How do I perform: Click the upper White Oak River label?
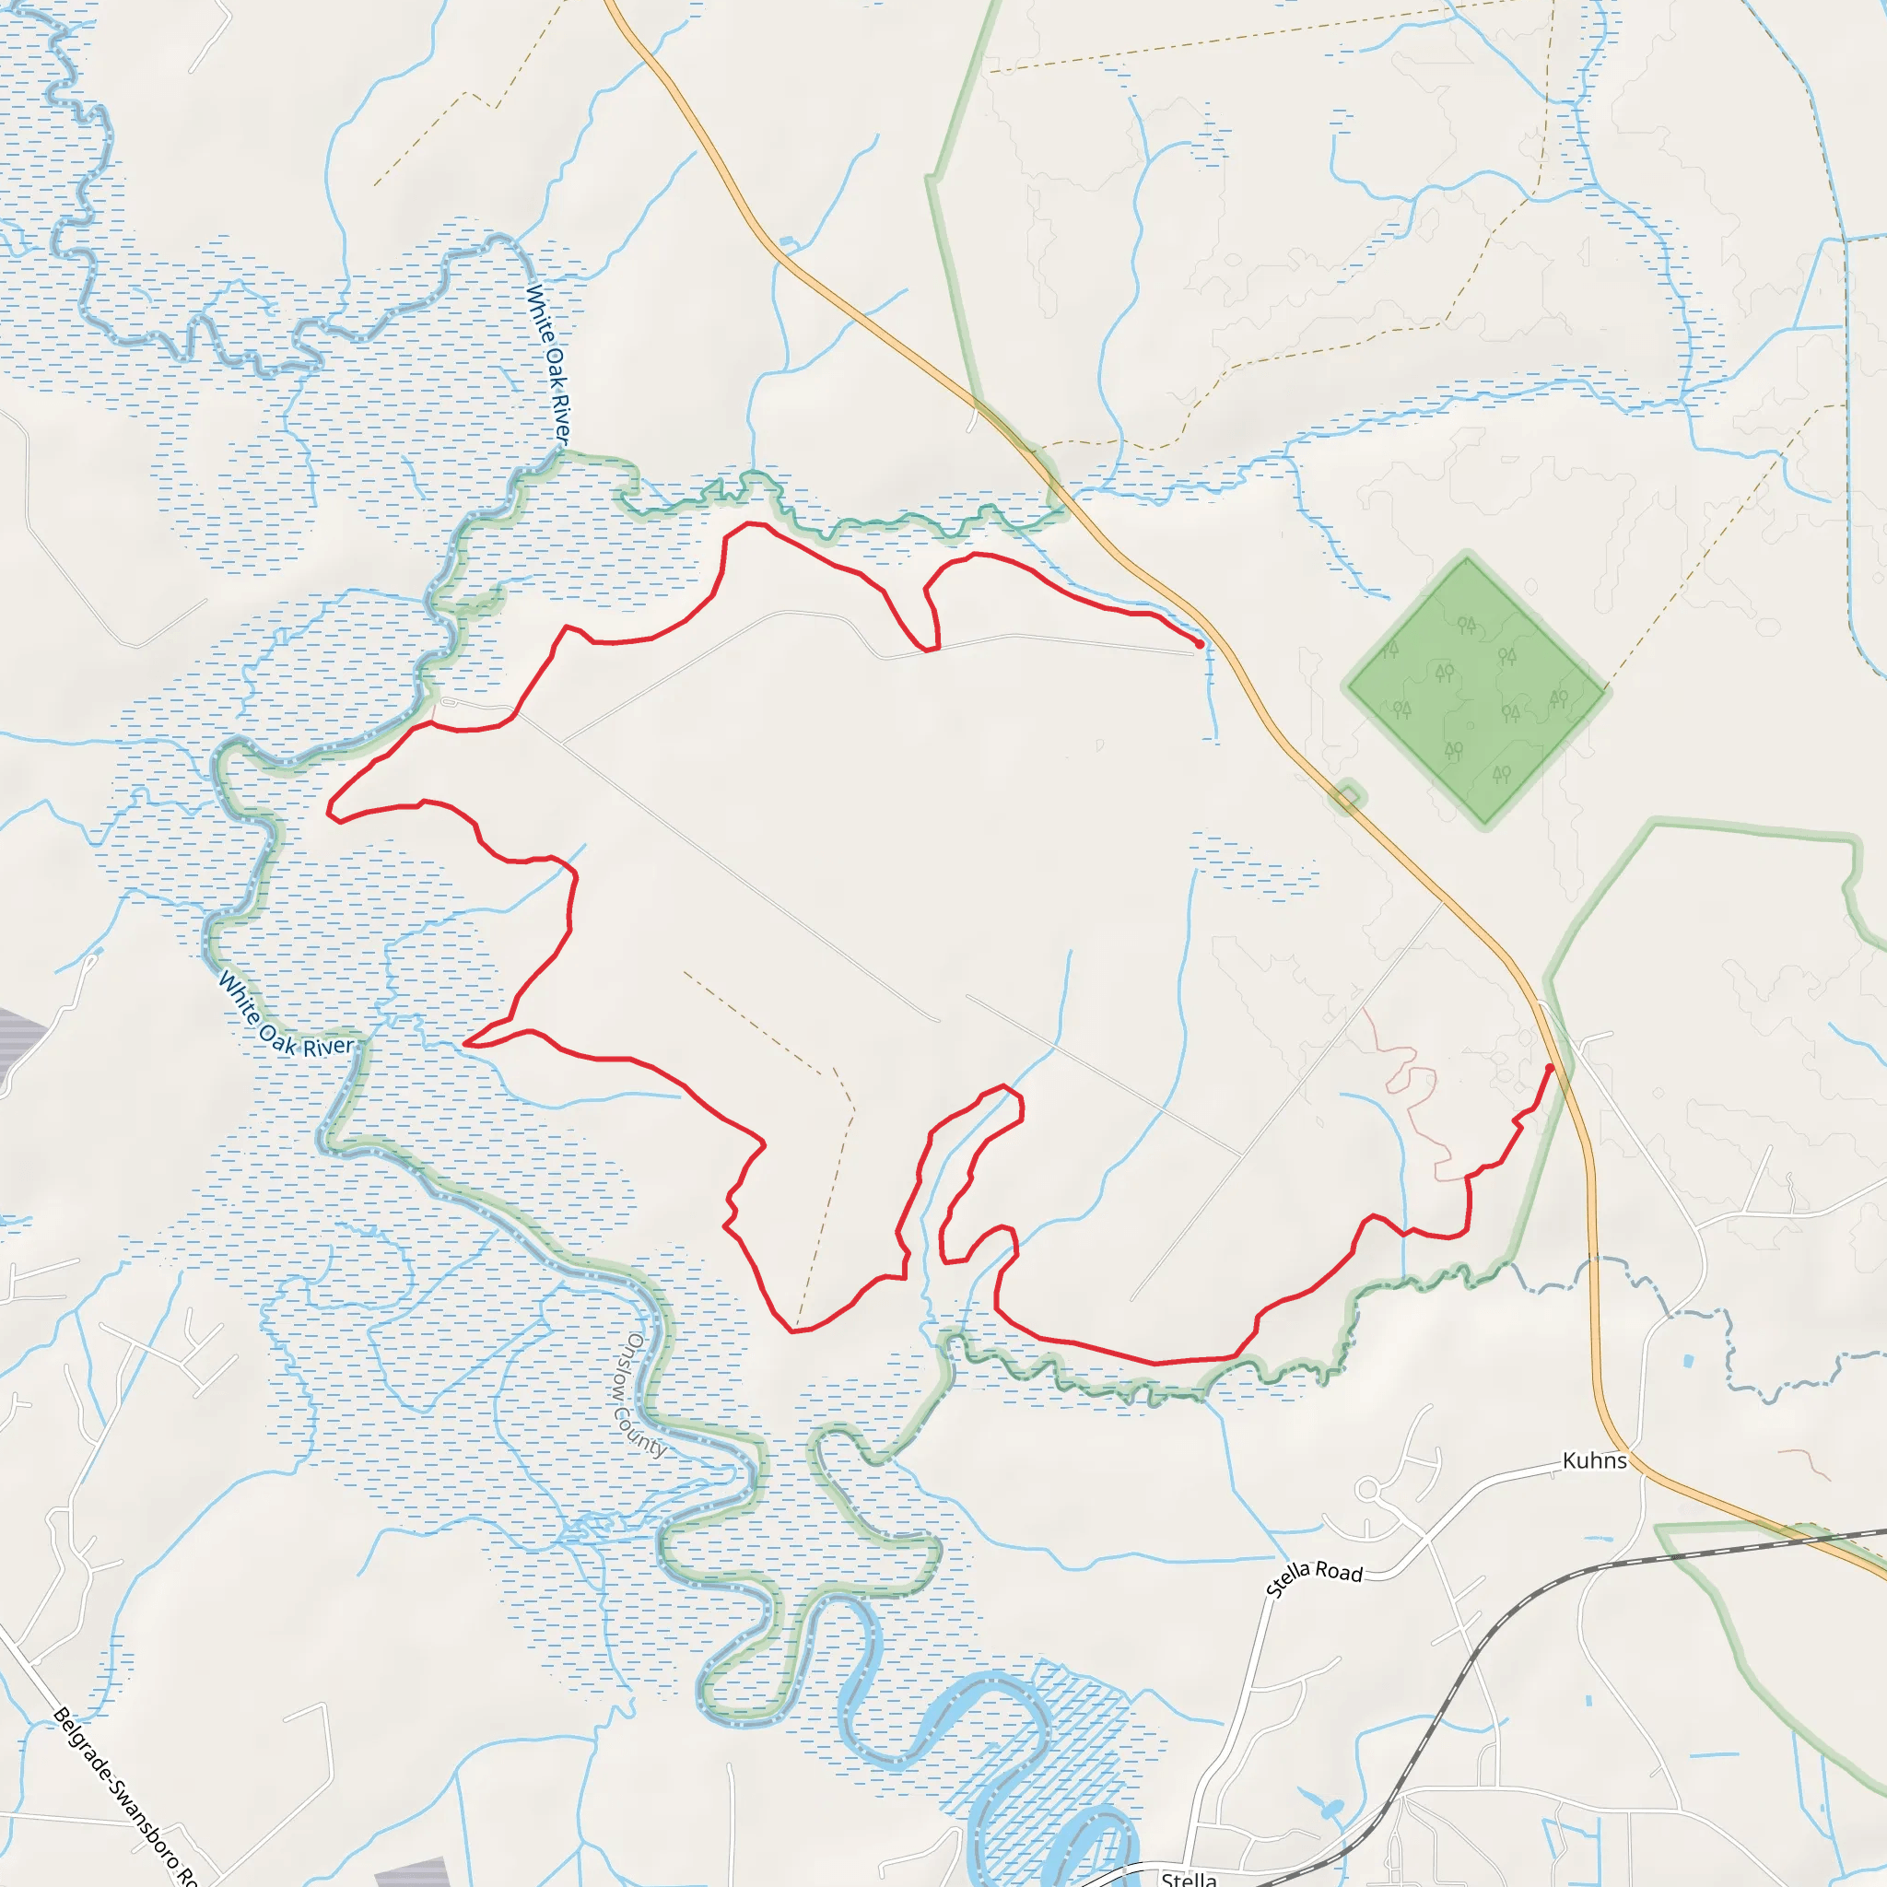[x=548, y=363]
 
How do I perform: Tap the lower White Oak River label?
[x=284, y=1015]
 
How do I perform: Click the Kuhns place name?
[x=1594, y=1460]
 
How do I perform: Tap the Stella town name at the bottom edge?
[x=1189, y=1878]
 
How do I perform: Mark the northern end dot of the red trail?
[x=1200, y=644]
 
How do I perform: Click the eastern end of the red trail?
[x=1550, y=1068]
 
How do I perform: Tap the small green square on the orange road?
[x=1347, y=800]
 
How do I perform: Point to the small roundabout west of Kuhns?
[x=1367, y=1491]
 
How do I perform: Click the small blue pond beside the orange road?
[x=787, y=241]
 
